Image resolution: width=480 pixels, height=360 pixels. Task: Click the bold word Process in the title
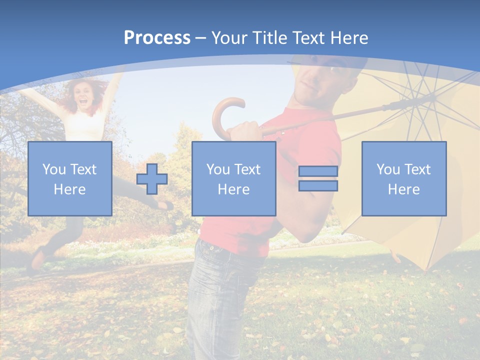tap(157, 38)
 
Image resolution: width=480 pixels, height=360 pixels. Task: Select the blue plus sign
tap(152, 179)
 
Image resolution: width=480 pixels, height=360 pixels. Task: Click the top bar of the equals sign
tap(318, 171)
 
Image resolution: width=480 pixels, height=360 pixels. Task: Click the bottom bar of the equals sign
tap(318, 186)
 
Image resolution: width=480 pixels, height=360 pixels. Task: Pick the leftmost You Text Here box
tap(70, 178)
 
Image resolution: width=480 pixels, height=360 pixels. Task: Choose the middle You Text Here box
tap(233, 178)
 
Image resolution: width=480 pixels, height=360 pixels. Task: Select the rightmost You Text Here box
tap(403, 178)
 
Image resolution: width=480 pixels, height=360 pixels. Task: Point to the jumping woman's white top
tap(85, 125)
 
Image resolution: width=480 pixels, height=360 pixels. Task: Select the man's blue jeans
tap(220, 295)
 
